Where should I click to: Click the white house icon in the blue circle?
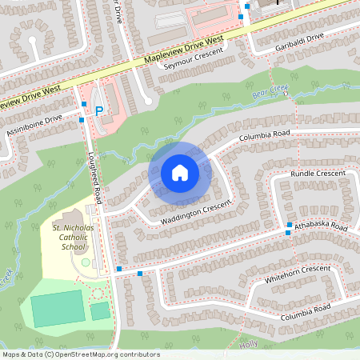click(180, 172)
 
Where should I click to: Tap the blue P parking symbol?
click(99, 111)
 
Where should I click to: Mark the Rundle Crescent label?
click(318, 174)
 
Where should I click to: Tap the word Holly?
click(248, 344)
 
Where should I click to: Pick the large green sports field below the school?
click(57, 309)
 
